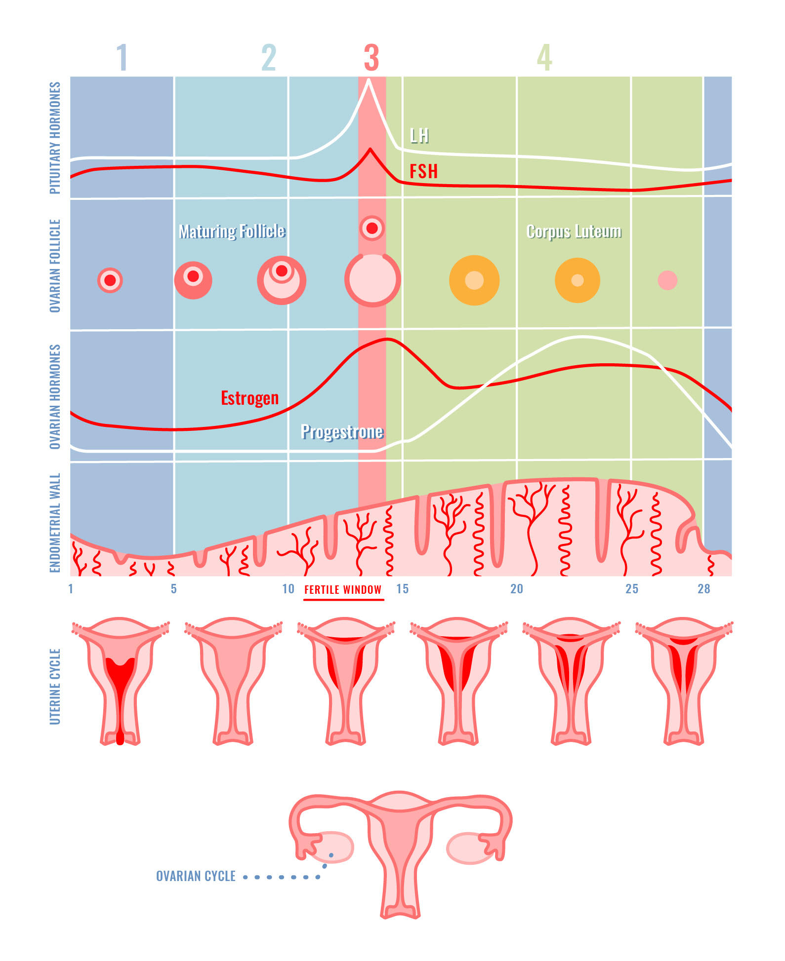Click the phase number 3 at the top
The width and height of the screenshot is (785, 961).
(372, 58)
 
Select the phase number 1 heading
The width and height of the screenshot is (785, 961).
(122, 58)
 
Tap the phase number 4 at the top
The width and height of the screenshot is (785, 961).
(544, 58)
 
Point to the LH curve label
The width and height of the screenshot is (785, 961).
(419, 136)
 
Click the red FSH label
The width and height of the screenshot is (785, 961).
(423, 171)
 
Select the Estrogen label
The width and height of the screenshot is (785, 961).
(249, 398)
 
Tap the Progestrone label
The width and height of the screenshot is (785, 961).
(342, 432)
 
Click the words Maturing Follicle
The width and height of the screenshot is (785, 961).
(232, 231)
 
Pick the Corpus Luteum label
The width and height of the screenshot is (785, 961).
(574, 231)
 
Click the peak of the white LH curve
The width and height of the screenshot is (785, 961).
(368, 81)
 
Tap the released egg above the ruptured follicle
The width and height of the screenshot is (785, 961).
(372, 228)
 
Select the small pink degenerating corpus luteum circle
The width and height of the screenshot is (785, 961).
(667, 280)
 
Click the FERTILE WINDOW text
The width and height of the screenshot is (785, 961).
(343, 589)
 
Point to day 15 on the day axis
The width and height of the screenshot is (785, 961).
(402, 589)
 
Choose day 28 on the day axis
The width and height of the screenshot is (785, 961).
(703, 589)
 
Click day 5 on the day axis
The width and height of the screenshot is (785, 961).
(173, 589)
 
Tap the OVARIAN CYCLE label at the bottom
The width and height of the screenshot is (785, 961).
(196, 876)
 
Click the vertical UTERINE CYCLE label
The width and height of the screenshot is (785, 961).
(55, 687)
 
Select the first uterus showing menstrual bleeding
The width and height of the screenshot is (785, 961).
(120, 681)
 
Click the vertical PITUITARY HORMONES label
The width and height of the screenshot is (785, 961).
(55, 138)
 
